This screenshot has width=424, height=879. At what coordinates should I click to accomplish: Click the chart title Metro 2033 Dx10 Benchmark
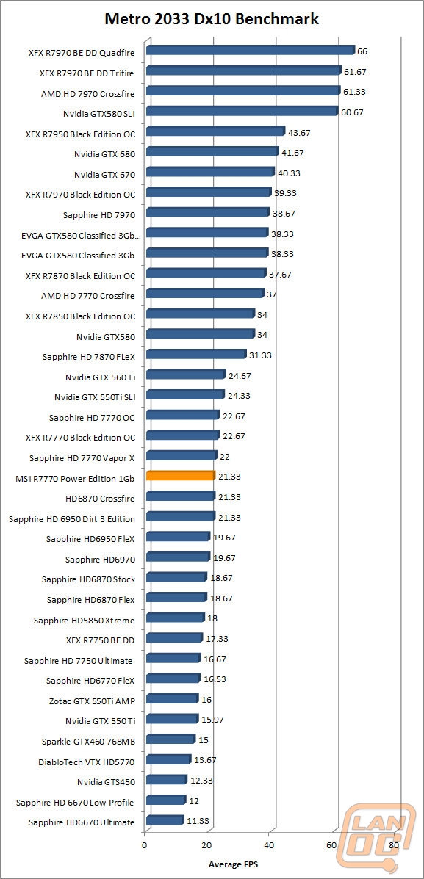pos(212,19)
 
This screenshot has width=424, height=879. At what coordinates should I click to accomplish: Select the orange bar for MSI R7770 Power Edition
pos(181,476)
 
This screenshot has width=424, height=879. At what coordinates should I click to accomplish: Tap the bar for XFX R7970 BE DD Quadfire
pos(251,51)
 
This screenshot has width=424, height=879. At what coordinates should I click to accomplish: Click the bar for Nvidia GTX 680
pos(212,152)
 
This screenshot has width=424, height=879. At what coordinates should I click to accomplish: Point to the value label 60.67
pos(352,112)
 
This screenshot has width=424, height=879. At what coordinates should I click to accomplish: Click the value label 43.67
pos(299,133)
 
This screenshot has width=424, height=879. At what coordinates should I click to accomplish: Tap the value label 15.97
pos(212,719)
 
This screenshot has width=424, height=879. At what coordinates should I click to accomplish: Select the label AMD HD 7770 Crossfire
pos(88,295)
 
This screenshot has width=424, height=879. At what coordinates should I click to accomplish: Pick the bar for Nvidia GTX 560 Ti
pos(186,375)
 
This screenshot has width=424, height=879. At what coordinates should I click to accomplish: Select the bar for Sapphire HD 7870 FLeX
pos(196,354)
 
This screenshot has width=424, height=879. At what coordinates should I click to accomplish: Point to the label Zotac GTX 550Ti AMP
pos(93,699)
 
